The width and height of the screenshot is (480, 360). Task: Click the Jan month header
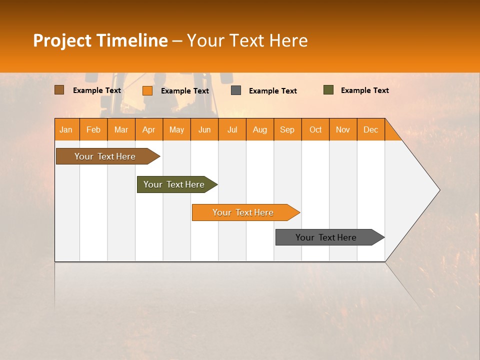point(66,129)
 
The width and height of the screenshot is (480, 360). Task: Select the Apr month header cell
point(149,129)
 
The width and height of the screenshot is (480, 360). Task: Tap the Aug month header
point(260,129)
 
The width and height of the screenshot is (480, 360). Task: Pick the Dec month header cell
point(371,129)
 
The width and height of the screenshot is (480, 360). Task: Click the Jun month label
point(204,129)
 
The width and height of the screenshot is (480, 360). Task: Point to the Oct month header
point(315,129)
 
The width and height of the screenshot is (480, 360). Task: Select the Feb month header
point(93,129)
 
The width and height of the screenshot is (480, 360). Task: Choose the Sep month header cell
point(287,129)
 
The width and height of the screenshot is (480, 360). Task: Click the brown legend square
point(59,90)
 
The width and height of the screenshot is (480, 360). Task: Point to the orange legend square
point(147,90)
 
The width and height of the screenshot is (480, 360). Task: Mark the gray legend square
point(236,90)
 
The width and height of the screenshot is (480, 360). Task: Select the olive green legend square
point(328,90)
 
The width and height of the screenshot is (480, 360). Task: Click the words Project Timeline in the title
point(100,40)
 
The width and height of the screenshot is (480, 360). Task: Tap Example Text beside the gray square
point(273,90)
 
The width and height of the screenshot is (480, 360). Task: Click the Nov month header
point(343,129)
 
